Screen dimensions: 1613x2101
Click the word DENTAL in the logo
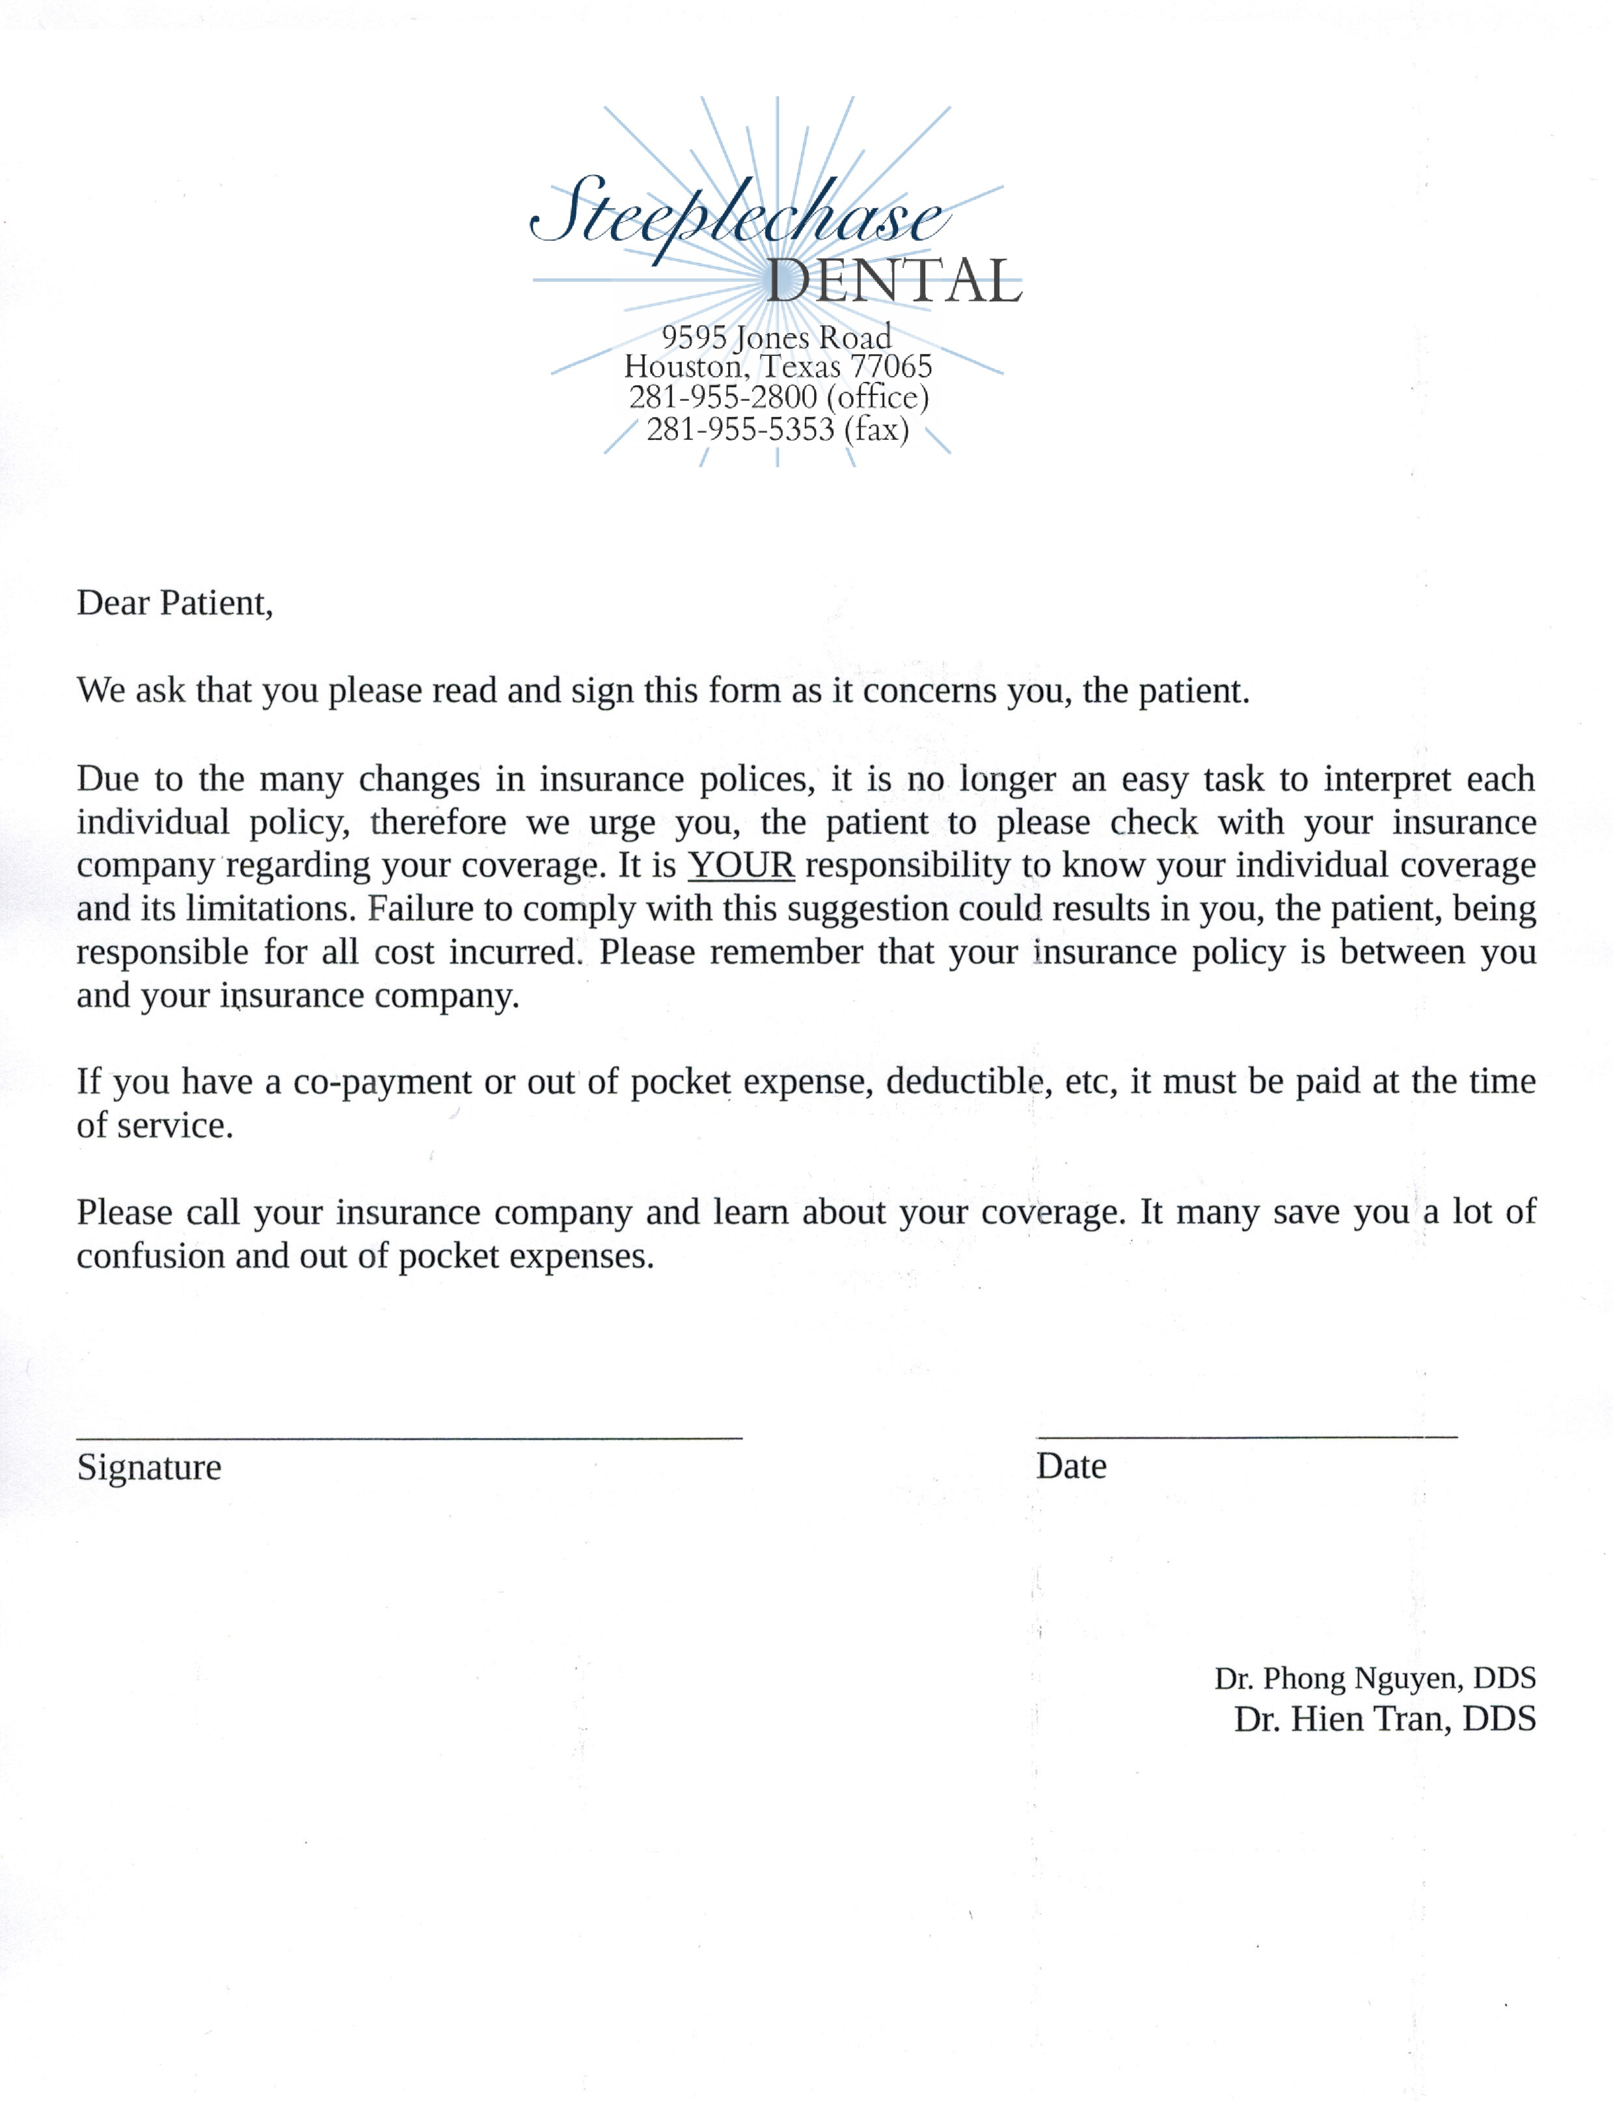coord(893,281)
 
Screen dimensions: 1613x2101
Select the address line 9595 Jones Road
coord(776,337)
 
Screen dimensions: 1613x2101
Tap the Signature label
coord(149,1467)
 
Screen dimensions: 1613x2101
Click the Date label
coord(1070,1467)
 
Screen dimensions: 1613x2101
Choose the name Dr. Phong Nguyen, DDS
coord(1374,1677)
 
